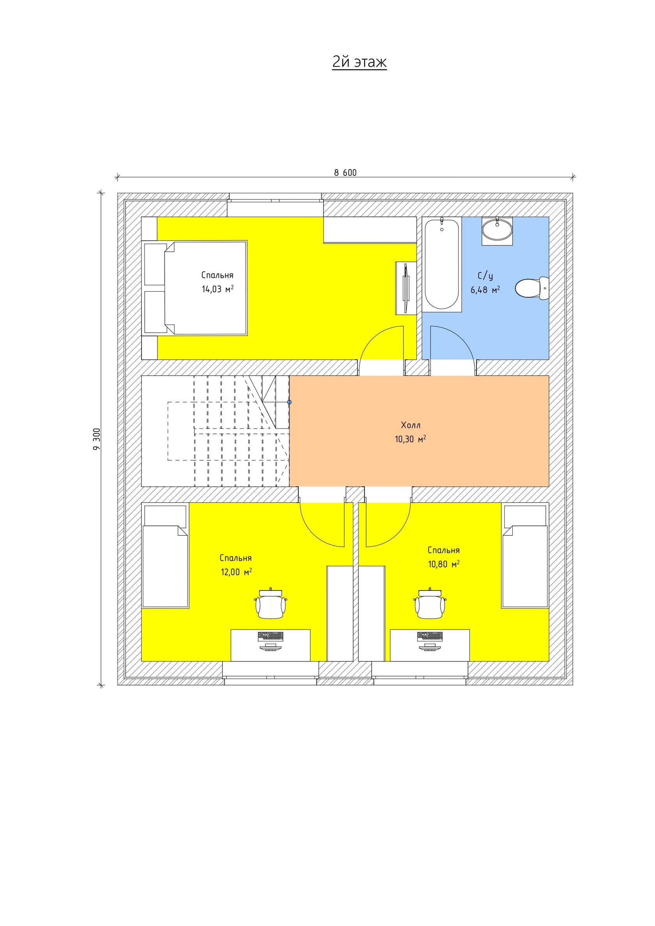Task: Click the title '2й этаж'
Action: [x=359, y=62]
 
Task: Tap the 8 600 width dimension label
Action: [x=345, y=173]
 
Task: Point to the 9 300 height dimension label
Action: [x=97, y=439]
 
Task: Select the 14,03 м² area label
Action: [x=218, y=289]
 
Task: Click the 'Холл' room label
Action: [x=411, y=425]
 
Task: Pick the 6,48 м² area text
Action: [x=485, y=290]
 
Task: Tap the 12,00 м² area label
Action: [x=236, y=571]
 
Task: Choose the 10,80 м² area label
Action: [x=444, y=564]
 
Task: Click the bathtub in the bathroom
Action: [x=441, y=264]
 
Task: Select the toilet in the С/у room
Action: [x=532, y=288]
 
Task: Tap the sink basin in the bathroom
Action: [x=497, y=230]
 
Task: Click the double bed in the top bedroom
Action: [x=194, y=288]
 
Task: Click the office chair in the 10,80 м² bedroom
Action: [x=430, y=603]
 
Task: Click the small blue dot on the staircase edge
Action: [x=289, y=402]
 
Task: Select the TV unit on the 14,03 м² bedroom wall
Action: [x=406, y=288]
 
